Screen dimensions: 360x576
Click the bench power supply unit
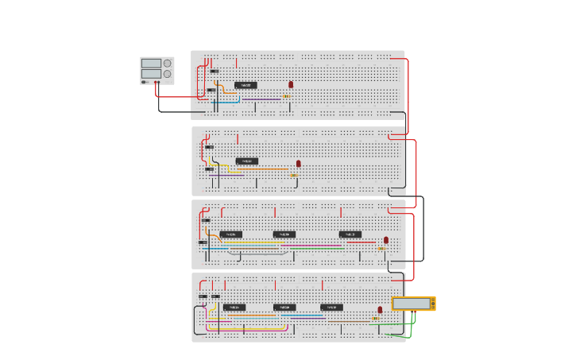157,69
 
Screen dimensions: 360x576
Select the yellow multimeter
413,304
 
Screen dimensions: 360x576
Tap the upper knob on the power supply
167,64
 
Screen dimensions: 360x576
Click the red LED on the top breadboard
291,84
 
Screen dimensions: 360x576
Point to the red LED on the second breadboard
299,164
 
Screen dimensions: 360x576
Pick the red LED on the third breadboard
386,240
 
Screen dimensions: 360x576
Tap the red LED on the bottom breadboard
380,310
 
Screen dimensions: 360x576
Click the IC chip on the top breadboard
245,85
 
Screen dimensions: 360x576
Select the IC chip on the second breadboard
247,161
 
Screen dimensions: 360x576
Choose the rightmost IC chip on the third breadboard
350,234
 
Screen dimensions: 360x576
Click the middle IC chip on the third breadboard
284,234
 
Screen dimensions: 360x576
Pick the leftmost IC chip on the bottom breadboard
234,308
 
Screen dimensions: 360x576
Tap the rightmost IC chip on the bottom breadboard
332,308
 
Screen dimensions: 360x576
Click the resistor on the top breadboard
286,96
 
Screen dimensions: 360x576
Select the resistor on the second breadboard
293,176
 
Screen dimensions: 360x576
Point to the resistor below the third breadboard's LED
381,249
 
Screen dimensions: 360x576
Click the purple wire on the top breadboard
262,99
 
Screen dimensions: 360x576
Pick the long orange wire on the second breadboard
262,168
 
